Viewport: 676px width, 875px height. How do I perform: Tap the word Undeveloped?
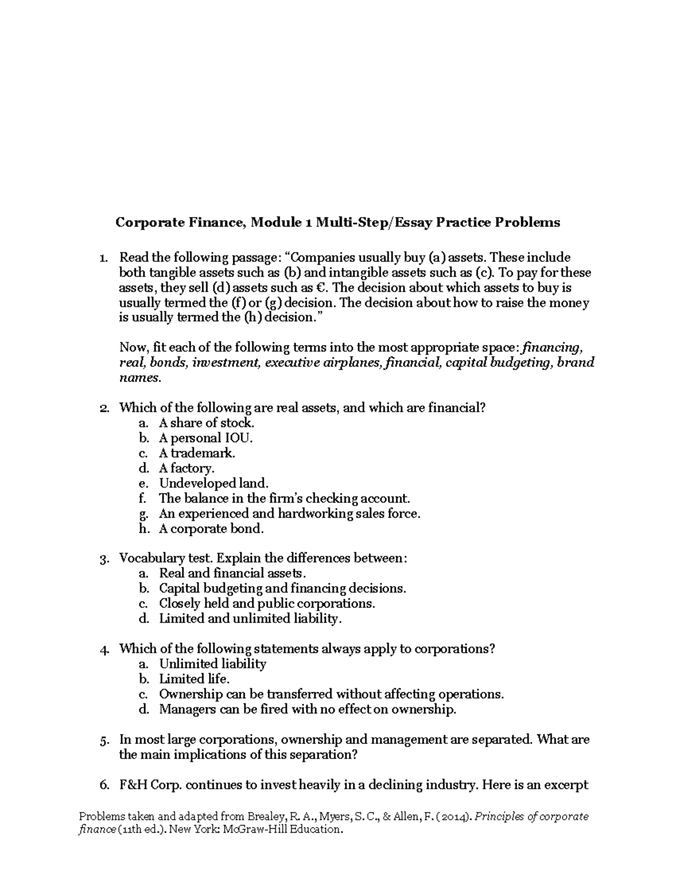click(x=191, y=483)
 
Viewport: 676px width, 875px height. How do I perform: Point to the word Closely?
click(x=178, y=604)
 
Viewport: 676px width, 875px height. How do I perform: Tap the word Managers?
click(x=187, y=709)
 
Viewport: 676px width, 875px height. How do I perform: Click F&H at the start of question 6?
click(x=134, y=785)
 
